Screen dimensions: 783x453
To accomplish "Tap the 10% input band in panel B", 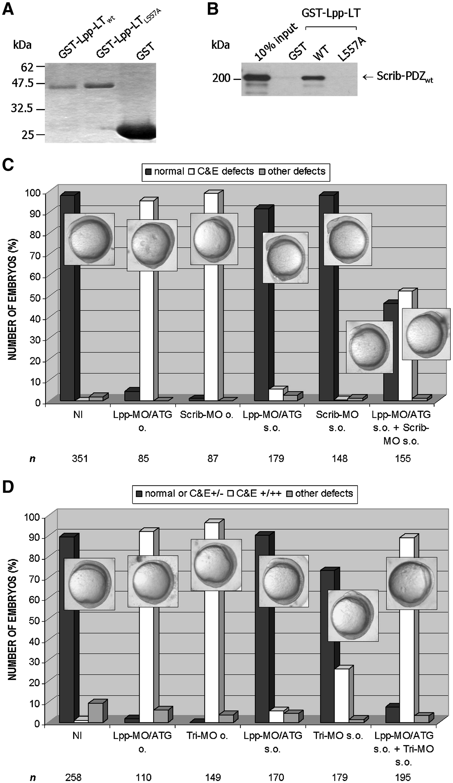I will [x=257, y=77].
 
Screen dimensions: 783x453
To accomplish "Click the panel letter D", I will [x=8, y=487].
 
